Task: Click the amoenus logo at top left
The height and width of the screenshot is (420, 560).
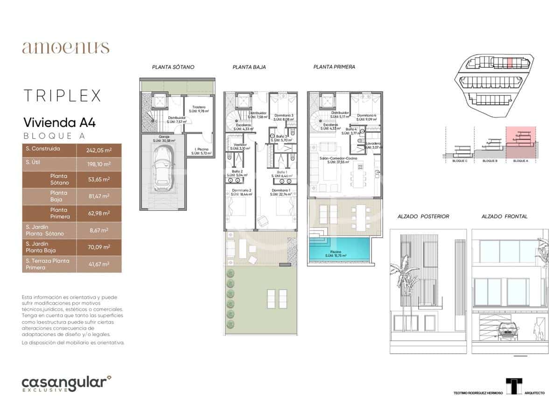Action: (65, 48)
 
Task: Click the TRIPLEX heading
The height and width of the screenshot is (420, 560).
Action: (62, 96)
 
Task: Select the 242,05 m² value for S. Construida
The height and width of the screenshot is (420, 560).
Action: (98, 150)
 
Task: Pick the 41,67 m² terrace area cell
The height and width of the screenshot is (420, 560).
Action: (98, 264)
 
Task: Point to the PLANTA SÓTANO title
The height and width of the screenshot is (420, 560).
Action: (173, 67)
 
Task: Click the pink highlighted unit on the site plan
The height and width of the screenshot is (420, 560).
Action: (510, 62)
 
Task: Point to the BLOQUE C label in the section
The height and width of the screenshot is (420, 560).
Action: (460, 161)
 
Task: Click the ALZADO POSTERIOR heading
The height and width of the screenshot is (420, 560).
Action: (423, 217)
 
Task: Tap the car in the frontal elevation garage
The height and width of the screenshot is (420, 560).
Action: (509, 331)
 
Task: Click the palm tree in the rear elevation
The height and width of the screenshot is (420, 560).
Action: (403, 280)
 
